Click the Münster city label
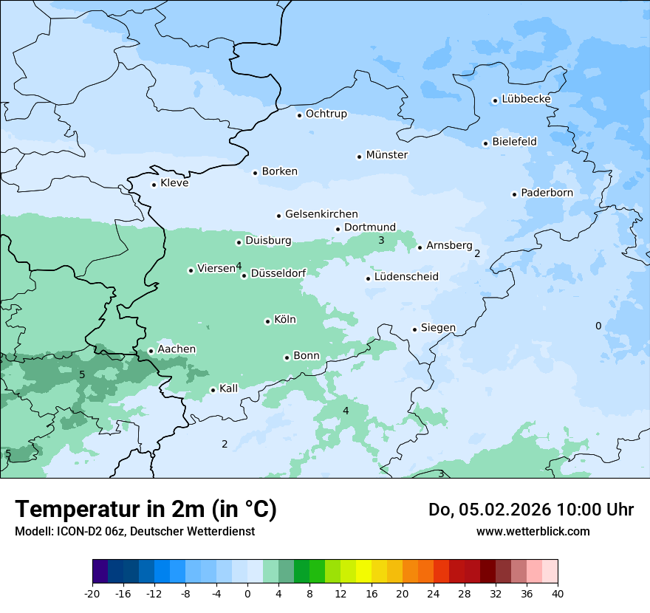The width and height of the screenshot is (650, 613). click(x=387, y=155)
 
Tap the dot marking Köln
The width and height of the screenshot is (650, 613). click(x=267, y=321)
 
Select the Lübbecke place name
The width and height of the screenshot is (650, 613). click(x=526, y=99)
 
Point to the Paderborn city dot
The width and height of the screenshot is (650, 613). click(x=514, y=194)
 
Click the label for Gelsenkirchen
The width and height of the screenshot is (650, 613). click(x=321, y=214)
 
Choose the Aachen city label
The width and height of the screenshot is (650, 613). click(x=177, y=349)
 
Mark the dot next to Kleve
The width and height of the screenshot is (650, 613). click(x=154, y=185)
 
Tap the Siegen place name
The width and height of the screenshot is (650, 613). click(x=438, y=328)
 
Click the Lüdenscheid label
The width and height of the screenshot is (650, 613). click(x=406, y=277)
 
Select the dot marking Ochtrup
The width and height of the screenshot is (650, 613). click(x=299, y=114)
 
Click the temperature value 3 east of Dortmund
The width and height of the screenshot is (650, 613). click(x=381, y=240)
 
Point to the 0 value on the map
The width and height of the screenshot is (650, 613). click(x=598, y=326)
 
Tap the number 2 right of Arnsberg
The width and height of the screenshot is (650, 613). click(x=477, y=253)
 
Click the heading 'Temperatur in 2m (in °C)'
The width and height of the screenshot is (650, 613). click(x=146, y=509)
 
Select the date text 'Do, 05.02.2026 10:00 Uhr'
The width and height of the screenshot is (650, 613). click(x=530, y=510)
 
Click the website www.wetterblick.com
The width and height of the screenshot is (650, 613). click(x=533, y=531)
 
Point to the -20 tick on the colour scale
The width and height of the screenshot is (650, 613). click(x=92, y=594)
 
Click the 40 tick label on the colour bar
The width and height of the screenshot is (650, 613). click(x=558, y=594)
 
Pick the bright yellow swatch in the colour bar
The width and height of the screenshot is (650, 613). click(x=363, y=572)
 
